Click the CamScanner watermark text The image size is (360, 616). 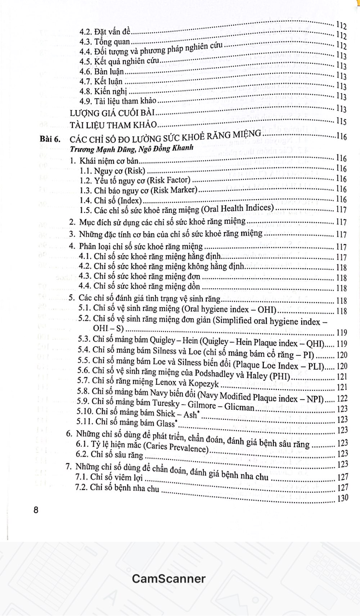tap(168, 579)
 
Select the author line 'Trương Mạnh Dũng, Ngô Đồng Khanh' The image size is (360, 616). tap(132, 148)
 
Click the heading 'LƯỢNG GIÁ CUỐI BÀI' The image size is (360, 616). tap(112, 113)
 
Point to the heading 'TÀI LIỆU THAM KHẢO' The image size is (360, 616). tap(113, 125)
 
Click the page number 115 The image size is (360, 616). tap(341, 121)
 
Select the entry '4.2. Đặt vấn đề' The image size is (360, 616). tap(105, 33)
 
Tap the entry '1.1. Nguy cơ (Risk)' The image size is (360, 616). tap(112, 171)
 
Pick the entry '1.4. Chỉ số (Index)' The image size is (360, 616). tap(111, 201)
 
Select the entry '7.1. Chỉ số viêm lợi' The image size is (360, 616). tap(109, 477)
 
